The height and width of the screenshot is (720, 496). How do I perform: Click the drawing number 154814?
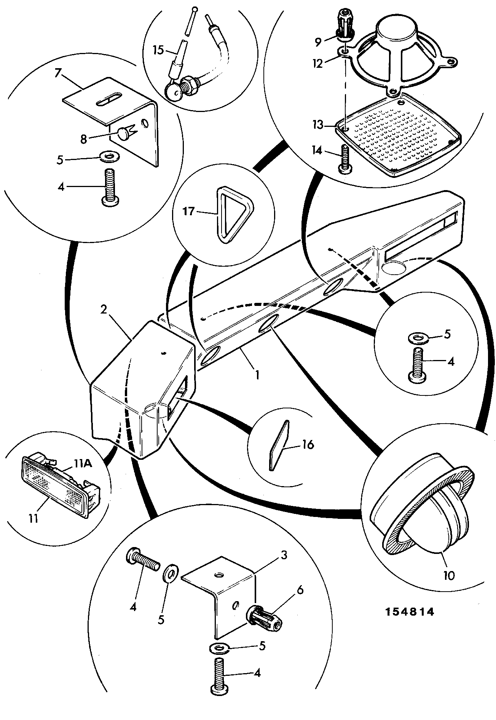(x=409, y=612)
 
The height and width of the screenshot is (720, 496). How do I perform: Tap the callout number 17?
(x=189, y=211)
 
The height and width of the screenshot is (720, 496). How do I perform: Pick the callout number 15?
(x=158, y=50)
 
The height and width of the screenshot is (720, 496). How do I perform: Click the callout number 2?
(x=104, y=309)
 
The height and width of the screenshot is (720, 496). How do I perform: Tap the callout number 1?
(x=257, y=375)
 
